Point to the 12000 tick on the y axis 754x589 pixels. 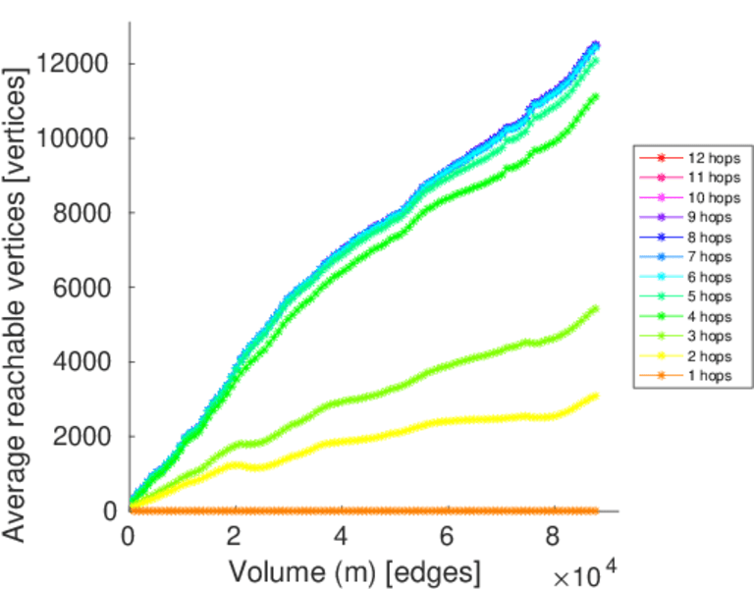71,64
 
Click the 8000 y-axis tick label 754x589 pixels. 77,213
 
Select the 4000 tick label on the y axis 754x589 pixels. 77,362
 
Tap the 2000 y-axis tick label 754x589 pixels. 77,437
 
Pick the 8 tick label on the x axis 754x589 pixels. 554,539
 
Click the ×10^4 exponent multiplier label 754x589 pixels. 586,574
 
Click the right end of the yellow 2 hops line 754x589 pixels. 595,396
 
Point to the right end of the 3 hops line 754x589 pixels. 595,309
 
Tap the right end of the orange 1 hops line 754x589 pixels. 595,510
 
